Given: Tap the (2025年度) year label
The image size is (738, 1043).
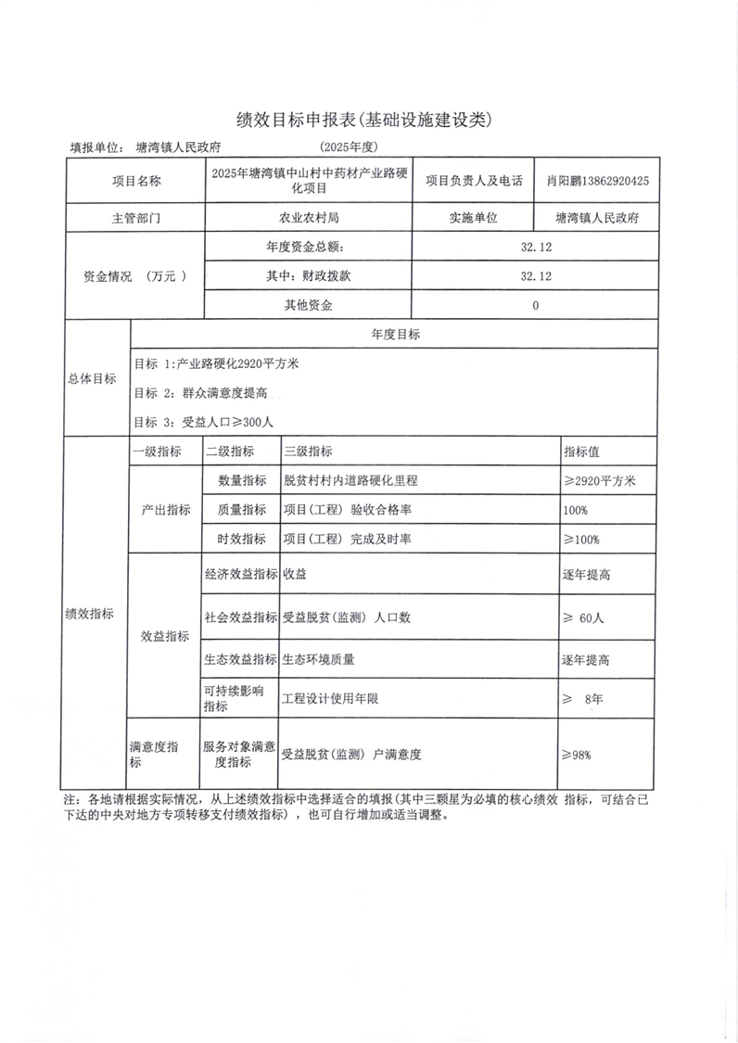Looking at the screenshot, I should point(349,147).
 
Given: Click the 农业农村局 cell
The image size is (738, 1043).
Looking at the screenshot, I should point(310,218).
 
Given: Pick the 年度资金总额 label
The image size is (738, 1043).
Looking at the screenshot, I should point(305,248).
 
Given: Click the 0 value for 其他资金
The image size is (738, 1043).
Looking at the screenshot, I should point(536,305).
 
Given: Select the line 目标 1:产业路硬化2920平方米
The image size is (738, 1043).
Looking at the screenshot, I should point(216,364).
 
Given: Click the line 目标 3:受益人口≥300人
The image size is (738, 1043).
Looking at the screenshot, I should point(204,422).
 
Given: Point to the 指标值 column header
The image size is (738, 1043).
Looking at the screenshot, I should point(581,452).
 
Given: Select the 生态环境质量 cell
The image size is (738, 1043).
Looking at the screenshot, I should point(319,660).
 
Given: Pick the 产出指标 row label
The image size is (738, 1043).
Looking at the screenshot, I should point(166,510).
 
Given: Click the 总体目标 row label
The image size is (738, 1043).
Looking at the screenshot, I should point(93,378).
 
